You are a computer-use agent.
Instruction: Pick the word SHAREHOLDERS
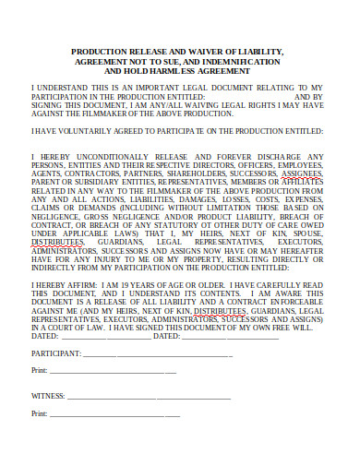[x=201, y=172]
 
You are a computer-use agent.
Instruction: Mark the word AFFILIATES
[x=303, y=181]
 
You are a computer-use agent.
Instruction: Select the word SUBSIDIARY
[x=106, y=181]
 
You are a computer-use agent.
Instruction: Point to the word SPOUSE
[x=304, y=233]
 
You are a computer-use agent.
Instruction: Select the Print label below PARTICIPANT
[x=39, y=370]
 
